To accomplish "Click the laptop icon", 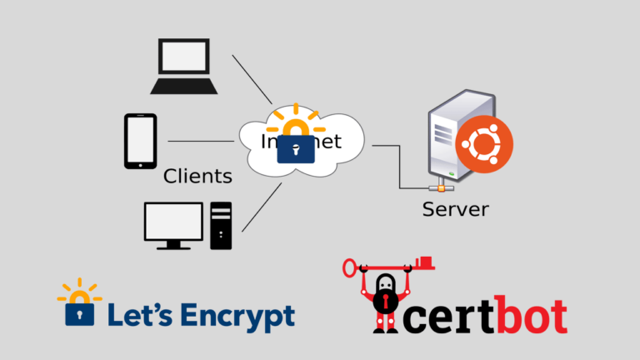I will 184,65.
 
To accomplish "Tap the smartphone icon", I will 140,141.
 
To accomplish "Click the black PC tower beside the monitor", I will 221,224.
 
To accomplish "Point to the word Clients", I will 197,176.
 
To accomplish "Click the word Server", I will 455,208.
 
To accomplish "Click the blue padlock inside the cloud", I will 295,147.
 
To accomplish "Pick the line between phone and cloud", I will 201,141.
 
